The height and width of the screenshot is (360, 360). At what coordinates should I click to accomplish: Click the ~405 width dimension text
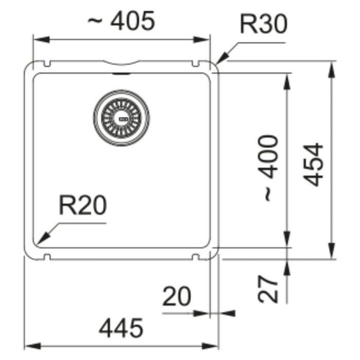pyautogui.click(x=121, y=21)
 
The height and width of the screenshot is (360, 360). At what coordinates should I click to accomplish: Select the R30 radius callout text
pyautogui.click(x=263, y=24)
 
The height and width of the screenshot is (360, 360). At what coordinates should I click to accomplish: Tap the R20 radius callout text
pyautogui.click(x=83, y=205)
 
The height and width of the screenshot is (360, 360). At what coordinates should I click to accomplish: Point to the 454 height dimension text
pyautogui.click(x=313, y=165)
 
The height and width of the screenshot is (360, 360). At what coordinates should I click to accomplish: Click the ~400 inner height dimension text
pyautogui.click(x=268, y=168)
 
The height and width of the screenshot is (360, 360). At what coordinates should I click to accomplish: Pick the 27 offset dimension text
pyautogui.click(x=268, y=289)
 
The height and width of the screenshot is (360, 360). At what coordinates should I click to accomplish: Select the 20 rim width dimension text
pyautogui.click(x=176, y=296)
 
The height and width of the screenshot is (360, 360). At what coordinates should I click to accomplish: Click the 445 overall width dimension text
pyautogui.click(x=121, y=328)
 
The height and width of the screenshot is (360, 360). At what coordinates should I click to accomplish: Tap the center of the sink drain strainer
pyautogui.click(x=121, y=118)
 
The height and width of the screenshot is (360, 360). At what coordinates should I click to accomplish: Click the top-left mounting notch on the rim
pyautogui.click(x=47, y=64)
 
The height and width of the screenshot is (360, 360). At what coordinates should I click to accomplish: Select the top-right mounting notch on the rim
pyautogui.click(x=195, y=64)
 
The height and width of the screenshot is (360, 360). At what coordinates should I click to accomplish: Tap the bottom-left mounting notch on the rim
pyautogui.click(x=47, y=257)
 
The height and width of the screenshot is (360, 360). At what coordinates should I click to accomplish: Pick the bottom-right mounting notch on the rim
pyautogui.click(x=195, y=257)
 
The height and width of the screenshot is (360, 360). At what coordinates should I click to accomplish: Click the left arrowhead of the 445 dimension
pyautogui.click(x=32, y=346)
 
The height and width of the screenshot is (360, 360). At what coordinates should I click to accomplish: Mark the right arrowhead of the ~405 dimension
pyautogui.click(x=202, y=40)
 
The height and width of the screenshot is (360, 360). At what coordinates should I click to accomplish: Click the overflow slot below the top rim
pyautogui.click(x=121, y=74)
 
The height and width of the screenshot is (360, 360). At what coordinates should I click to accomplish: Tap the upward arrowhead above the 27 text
pyautogui.click(x=287, y=268)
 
